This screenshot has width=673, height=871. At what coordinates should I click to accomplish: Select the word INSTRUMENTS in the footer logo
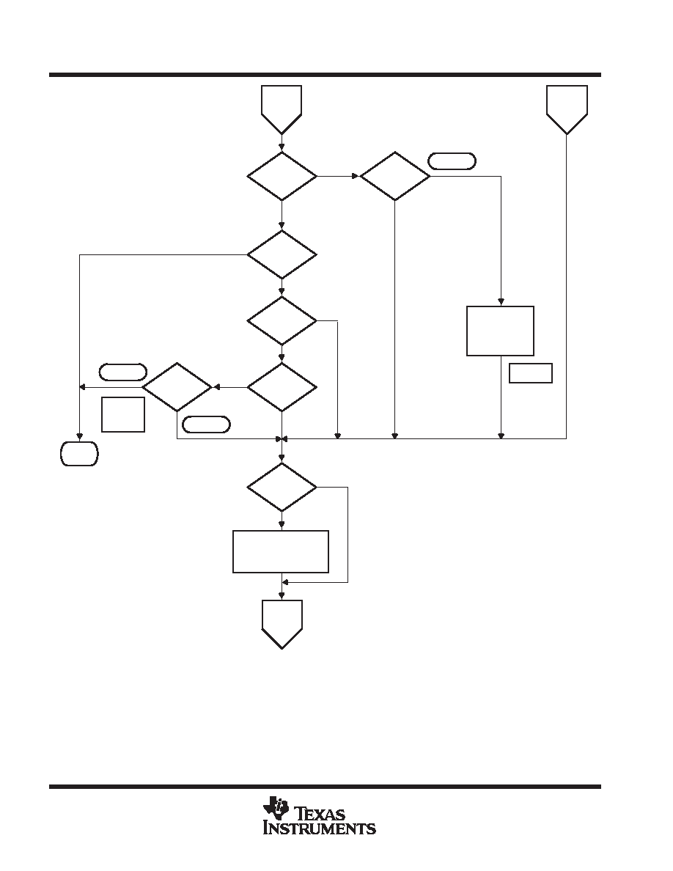click(x=320, y=828)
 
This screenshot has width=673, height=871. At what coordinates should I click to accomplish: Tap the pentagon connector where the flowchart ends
click(x=282, y=624)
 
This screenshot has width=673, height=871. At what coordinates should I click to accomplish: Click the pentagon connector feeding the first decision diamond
click(x=282, y=109)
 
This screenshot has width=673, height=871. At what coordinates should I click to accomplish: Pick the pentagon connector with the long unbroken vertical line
click(x=567, y=109)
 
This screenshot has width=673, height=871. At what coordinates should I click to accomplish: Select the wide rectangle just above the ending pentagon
click(x=280, y=551)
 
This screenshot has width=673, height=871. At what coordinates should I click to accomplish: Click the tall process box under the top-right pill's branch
click(x=500, y=331)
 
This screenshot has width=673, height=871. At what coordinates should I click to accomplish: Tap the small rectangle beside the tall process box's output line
click(x=530, y=372)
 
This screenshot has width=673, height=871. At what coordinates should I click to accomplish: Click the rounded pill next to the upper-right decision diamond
click(x=452, y=161)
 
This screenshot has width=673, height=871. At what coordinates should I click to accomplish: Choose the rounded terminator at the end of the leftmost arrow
click(x=79, y=453)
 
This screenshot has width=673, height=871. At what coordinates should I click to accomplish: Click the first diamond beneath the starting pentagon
click(x=282, y=176)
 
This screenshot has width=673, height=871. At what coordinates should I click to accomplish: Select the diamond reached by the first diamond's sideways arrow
click(x=395, y=176)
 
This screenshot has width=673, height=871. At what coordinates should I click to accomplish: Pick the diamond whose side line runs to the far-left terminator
click(x=282, y=254)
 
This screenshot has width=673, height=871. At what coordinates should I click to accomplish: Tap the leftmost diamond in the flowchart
click(x=177, y=387)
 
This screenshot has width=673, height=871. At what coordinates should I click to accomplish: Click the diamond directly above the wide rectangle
click(x=282, y=487)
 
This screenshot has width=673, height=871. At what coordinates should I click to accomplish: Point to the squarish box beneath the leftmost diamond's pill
click(x=123, y=414)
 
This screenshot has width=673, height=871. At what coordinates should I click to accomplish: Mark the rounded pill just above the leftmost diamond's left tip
click(x=122, y=372)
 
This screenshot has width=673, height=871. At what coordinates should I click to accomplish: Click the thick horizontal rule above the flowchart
click(x=325, y=75)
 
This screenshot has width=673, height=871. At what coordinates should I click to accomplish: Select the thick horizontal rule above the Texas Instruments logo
click(x=325, y=787)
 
